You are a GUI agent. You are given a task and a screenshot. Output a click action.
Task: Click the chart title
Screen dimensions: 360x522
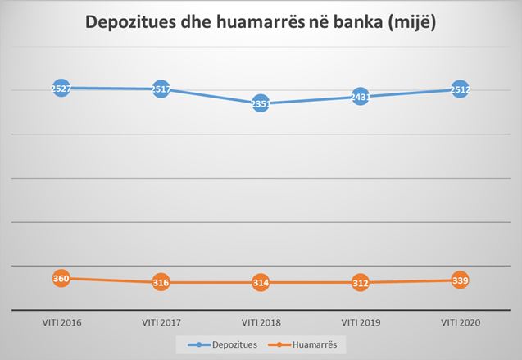pos(261,24)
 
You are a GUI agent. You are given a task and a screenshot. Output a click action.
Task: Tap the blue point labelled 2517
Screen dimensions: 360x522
pos(161,89)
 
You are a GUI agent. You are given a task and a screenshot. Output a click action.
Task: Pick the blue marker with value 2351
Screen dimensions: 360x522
pos(261,103)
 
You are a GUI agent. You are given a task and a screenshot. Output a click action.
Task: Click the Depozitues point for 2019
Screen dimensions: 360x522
pos(361,97)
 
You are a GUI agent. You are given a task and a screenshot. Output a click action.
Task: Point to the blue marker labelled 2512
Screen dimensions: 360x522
pos(460,89)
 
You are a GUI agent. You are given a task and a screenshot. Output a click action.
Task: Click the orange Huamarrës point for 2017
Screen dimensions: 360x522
pos(161,283)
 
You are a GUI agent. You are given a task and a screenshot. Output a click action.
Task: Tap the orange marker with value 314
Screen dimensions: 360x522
pos(261,283)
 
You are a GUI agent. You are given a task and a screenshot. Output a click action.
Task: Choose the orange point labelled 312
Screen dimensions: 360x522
pos(361,283)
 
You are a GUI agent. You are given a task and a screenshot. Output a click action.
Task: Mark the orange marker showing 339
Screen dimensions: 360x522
pos(460,280)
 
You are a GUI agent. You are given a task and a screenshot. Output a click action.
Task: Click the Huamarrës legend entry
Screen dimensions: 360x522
pos(316,345)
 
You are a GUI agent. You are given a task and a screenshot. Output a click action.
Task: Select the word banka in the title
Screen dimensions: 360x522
pos(348,24)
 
